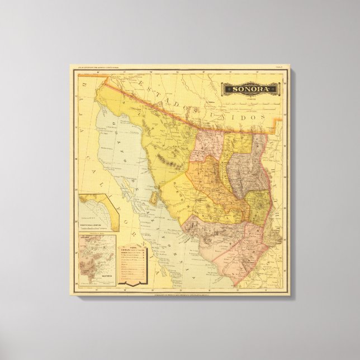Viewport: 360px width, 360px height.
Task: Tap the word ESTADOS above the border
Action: (x=168, y=99)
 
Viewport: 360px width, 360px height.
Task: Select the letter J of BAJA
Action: (x=78, y=120)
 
